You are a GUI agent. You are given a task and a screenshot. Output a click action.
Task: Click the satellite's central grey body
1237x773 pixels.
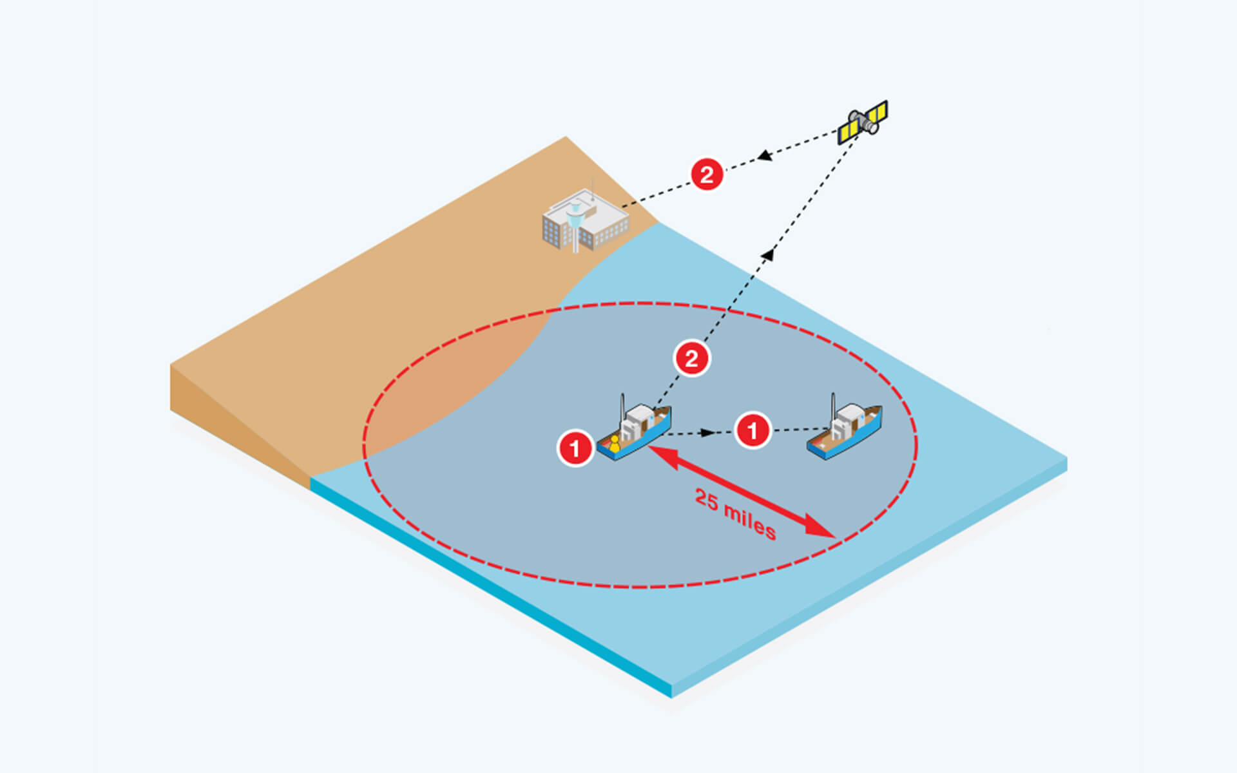coord(863,122)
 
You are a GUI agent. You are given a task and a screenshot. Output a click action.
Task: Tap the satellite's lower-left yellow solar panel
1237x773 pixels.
coord(849,132)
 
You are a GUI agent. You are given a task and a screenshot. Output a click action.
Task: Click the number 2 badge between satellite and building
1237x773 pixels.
coord(707,175)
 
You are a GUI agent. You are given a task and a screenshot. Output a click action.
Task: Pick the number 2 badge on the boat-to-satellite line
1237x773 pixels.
coord(692,359)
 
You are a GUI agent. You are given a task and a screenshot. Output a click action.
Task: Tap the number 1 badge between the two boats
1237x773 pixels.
coord(753,430)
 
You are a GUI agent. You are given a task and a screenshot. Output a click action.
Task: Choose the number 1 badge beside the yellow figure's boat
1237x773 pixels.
coord(575,447)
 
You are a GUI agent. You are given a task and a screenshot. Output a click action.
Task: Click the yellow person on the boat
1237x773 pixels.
coord(615,444)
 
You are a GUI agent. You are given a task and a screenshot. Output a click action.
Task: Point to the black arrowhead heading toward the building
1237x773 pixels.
coord(765,155)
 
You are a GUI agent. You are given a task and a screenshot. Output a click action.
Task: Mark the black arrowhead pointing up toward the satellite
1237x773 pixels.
coord(767,255)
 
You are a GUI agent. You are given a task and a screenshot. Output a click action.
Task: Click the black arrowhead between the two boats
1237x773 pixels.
coord(708,433)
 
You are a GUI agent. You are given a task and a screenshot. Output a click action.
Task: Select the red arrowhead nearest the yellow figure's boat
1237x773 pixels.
coord(664,456)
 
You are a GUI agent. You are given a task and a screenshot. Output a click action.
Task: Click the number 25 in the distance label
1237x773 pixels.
coord(706,500)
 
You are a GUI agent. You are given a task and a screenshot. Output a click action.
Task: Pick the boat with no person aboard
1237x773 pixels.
coord(845,428)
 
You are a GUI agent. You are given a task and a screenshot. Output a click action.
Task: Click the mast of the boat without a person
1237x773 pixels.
coord(834,407)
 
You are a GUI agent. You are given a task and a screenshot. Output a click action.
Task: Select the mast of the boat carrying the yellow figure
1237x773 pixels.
coord(622,408)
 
